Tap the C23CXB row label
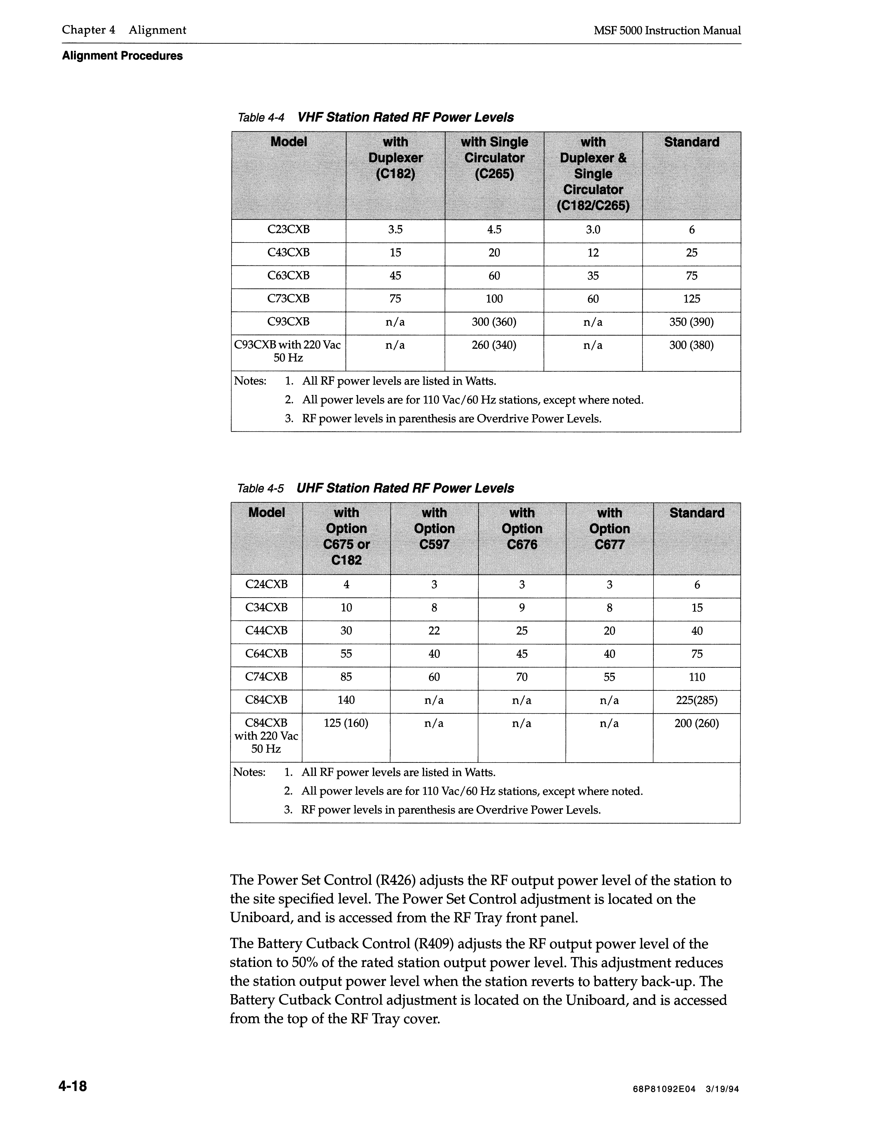[x=288, y=230]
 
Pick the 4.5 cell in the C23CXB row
[x=494, y=230]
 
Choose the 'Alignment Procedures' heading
[x=122, y=56]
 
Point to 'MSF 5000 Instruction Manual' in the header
[x=667, y=31]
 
